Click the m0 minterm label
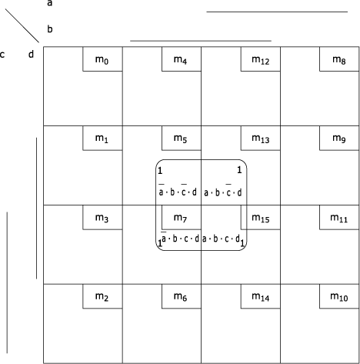102,60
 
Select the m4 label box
180,60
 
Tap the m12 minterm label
261,60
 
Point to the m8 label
339,60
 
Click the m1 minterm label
102,139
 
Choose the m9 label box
339,139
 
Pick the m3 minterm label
102,218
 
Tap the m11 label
339,218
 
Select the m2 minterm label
102,297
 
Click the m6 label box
180,297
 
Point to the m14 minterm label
261,297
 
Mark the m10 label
339,297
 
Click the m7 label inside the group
180,218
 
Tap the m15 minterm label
261,218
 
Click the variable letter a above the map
50,3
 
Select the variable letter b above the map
50,28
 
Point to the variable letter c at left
2,55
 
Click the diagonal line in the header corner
22,26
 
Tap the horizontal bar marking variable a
277,12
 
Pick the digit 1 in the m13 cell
239,170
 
